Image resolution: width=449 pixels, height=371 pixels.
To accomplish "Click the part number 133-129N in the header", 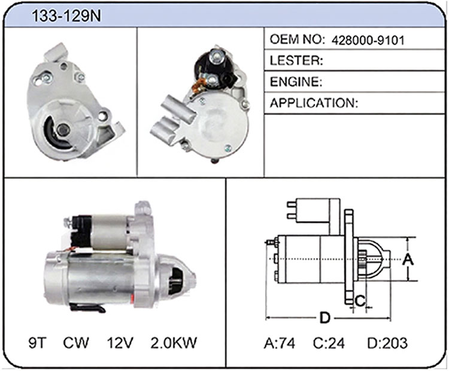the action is tap(66, 16).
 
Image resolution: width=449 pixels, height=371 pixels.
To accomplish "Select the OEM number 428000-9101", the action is tap(368, 40).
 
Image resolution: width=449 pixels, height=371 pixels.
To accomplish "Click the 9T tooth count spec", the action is tap(37, 342).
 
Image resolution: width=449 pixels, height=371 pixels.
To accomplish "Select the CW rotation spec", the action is tap(76, 342).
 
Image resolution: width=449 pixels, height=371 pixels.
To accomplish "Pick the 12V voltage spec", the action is tap(120, 342).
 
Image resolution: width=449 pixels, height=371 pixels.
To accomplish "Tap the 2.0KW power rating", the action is tap(174, 342).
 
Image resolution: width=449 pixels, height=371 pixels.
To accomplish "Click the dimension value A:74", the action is tap(279, 343).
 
